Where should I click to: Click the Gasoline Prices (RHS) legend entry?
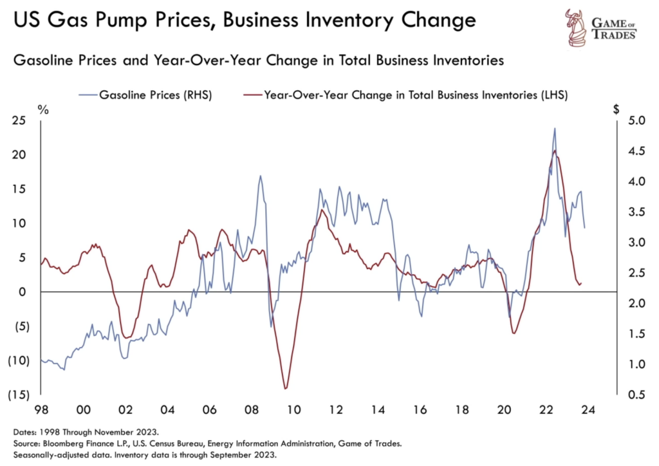coord(155,95)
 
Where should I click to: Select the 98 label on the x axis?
coord(41,409)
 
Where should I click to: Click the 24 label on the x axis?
coord(588,409)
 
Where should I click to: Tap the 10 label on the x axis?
coord(293,409)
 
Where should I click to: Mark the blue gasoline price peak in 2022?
coord(555,128)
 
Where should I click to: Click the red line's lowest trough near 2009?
coord(285,388)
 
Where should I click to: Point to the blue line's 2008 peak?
coord(261,176)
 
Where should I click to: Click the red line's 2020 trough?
coord(514,333)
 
